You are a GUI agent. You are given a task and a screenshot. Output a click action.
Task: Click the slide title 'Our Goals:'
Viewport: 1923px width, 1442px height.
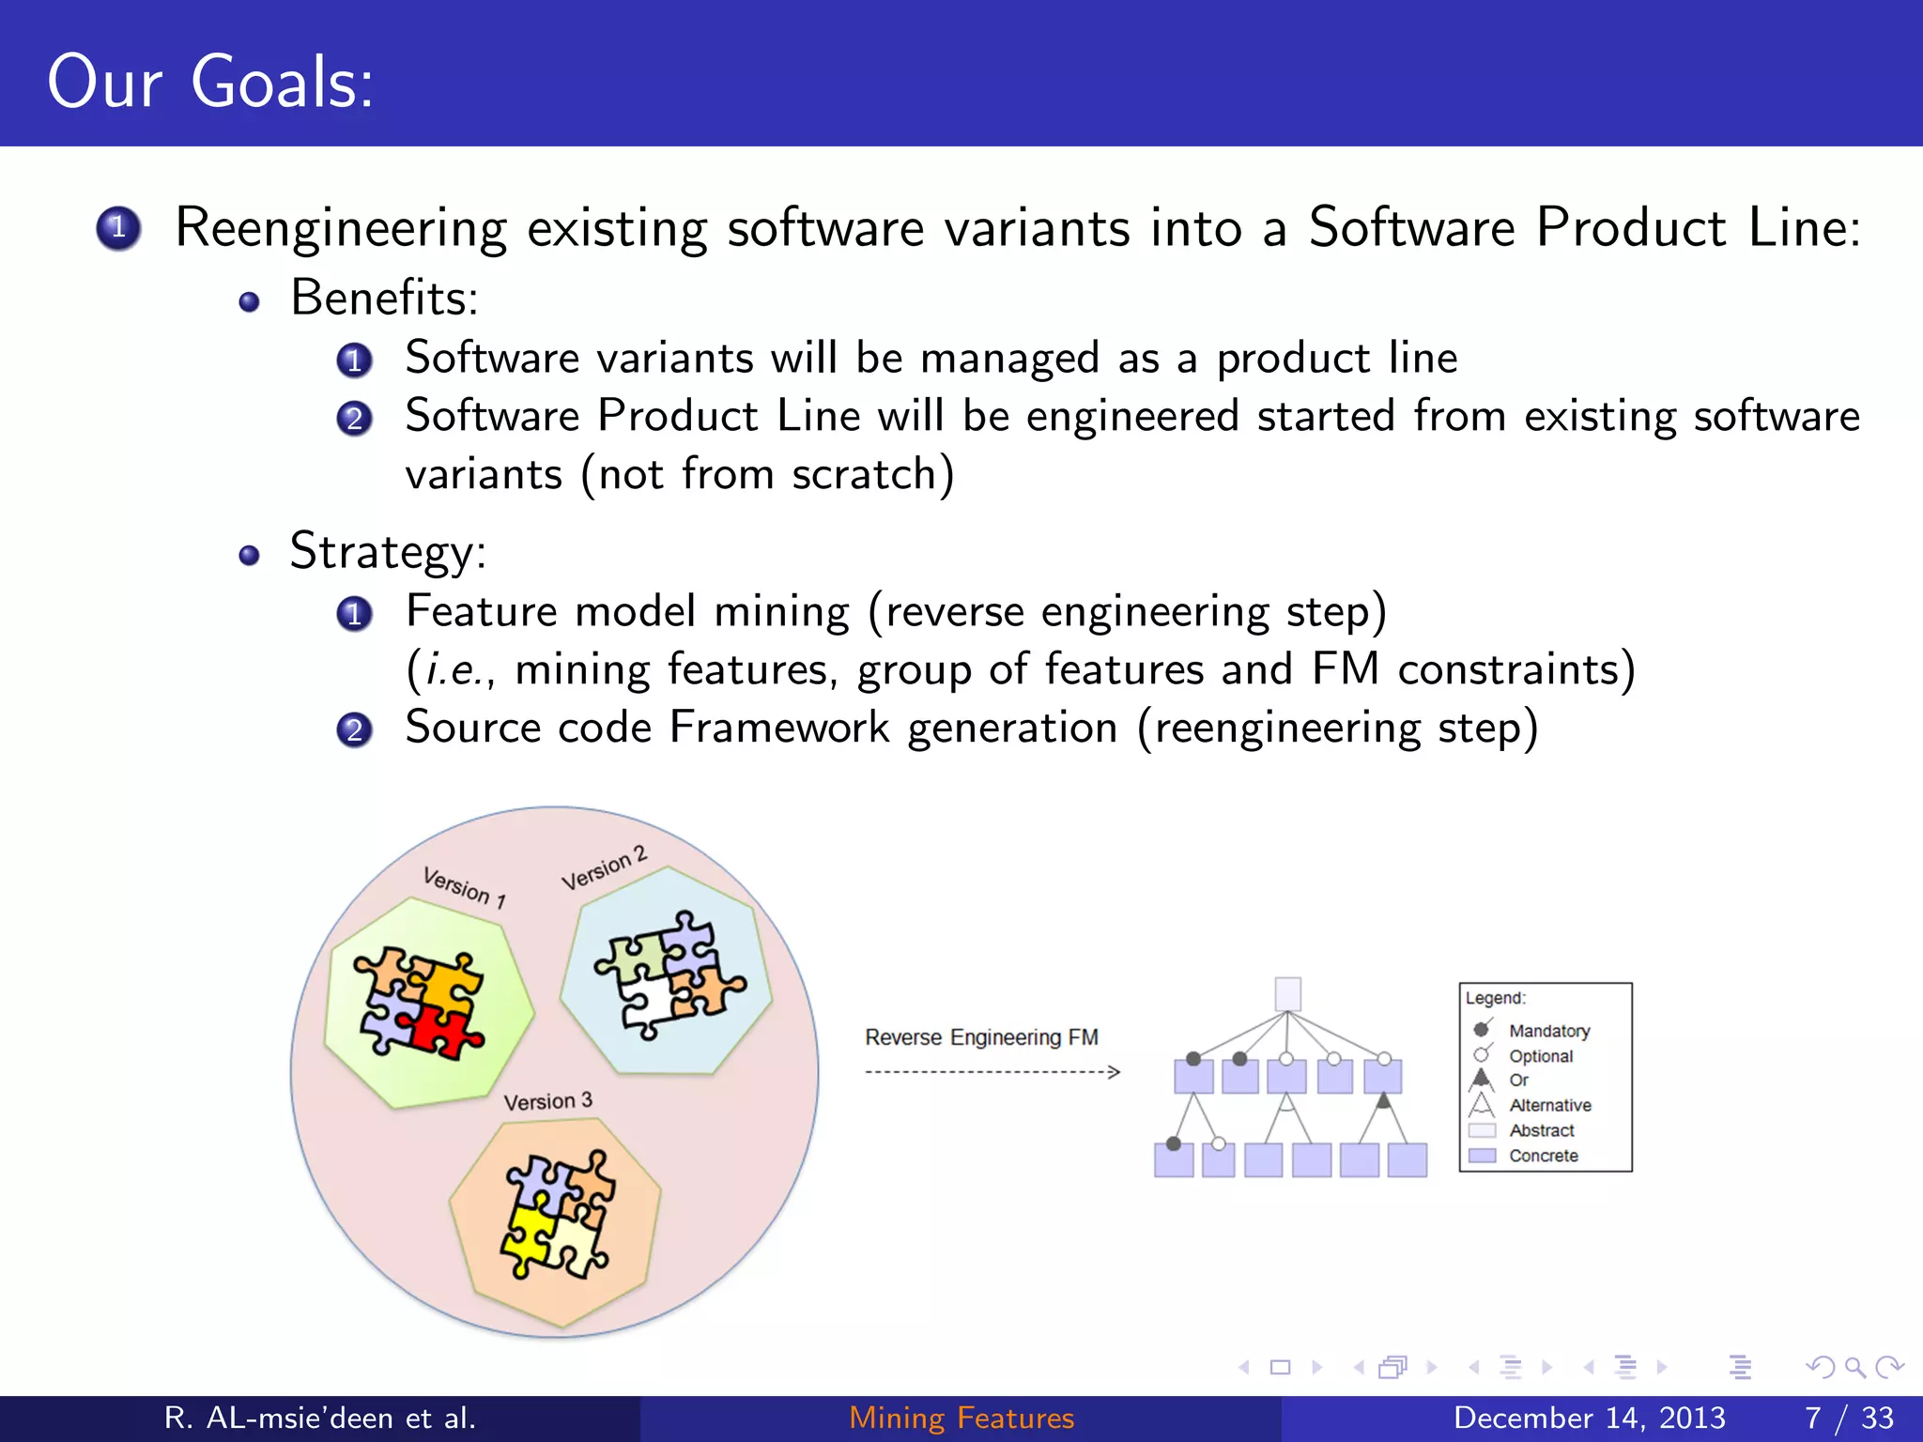pyautogui.click(x=210, y=83)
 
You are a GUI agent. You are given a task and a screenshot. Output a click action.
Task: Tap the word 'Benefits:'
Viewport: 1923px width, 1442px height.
pyautogui.click(x=385, y=299)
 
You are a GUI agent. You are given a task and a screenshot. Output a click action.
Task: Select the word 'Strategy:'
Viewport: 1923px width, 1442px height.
pyautogui.click(x=389, y=552)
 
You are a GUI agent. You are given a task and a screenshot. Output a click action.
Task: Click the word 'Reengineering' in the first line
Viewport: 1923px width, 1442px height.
pyautogui.click(x=340, y=228)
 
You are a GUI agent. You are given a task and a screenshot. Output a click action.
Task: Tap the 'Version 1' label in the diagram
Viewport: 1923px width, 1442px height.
pyautogui.click(x=464, y=887)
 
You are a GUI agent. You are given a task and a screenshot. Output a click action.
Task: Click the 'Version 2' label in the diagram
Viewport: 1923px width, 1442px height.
pyautogui.click(x=604, y=868)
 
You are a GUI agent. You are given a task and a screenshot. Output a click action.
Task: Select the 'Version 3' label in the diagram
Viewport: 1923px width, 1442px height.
pyautogui.click(x=547, y=1101)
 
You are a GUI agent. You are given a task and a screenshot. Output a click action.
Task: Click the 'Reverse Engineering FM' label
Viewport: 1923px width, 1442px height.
pyautogui.click(x=981, y=1037)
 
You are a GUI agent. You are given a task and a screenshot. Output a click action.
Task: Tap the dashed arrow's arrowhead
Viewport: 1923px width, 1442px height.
pyautogui.click(x=1115, y=1072)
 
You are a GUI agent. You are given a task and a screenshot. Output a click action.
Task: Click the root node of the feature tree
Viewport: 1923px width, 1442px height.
pyautogui.click(x=1287, y=993)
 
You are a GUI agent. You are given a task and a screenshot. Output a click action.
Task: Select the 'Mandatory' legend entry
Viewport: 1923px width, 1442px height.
pyautogui.click(x=1548, y=1031)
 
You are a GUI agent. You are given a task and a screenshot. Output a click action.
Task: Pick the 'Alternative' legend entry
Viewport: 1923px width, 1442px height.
pyautogui.click(x=1549, y=1105)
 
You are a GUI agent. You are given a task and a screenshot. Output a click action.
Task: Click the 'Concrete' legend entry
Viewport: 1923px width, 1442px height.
pyautogui.click(x=1543, y=1156)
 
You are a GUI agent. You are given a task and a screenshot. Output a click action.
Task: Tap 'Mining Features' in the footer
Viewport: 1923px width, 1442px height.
pyautogui.click(x=961, y=1418)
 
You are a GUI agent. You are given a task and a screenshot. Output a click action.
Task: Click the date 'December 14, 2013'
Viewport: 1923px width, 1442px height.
pyautogui.click(x=1589, y=1418)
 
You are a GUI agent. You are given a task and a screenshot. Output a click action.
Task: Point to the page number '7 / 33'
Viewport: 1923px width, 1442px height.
pyautogui.click(x=1849, y=1418)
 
